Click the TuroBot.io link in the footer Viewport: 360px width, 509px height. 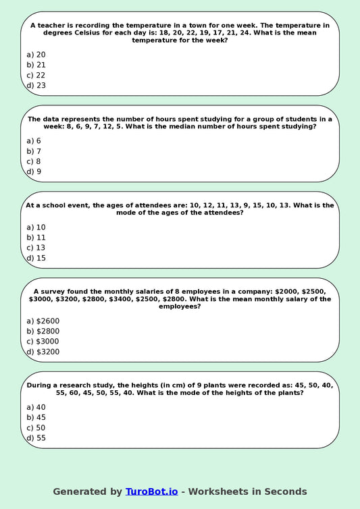click(151, 491)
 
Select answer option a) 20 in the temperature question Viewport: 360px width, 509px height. click(36, 55)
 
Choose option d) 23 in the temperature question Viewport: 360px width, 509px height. click(36, 86)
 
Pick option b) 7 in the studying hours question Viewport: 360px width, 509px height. click(34, 151)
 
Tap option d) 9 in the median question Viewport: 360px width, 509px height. click(34, 171)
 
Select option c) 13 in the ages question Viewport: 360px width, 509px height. click(36, 248)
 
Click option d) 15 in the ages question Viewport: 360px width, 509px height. click(36, 258)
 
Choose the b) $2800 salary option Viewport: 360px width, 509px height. click(43, 331)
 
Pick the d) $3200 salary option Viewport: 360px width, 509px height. click(43, 352)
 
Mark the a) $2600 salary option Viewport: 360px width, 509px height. click(43, 321)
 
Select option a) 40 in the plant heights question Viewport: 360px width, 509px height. click(36, 408)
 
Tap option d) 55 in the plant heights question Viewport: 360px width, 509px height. click(36, 438)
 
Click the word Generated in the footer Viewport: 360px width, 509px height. click(79, 491)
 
